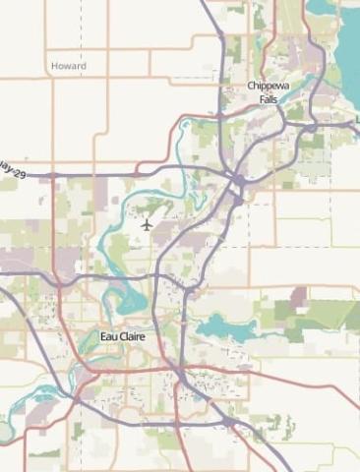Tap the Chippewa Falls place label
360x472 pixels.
tap(269, 92)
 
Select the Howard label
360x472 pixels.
tap(68, 66)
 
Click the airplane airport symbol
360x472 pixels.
tap(147, 224)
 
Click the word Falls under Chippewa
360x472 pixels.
tap(269, 99)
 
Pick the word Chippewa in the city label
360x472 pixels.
tap(269, 87)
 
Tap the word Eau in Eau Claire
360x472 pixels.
tap(108, 336)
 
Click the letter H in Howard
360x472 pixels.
tap(54, 66)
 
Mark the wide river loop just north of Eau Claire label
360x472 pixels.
tap(123, 295)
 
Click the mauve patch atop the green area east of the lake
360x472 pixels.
tap(297, 294)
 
